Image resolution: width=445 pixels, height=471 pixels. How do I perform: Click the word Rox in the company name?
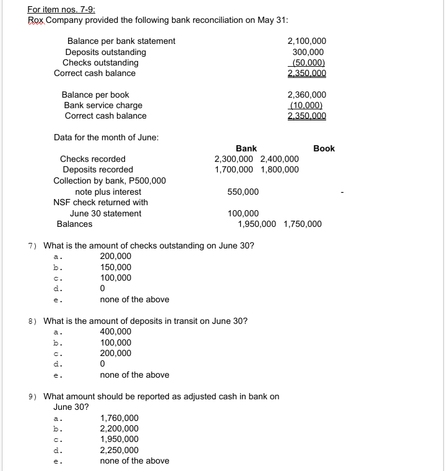(36, 20)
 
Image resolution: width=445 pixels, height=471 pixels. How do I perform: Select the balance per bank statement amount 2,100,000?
(307, 41)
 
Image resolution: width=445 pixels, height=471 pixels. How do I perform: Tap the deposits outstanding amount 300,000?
(308, 52)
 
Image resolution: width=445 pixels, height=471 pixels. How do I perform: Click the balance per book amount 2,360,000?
(307, 95)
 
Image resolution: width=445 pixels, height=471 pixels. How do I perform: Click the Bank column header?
(246, 148)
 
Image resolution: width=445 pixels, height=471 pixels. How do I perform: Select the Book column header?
(324, 148)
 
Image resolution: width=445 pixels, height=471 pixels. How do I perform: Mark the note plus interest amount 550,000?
(243, 192)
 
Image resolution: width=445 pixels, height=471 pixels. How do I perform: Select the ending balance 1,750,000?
(303, 224)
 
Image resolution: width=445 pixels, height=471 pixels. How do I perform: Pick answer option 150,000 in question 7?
(116, 267)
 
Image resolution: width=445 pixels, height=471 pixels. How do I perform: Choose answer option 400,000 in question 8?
(116, 332)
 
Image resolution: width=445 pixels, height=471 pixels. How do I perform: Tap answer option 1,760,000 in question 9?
(119, 418)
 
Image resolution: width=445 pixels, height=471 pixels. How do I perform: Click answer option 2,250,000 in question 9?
(119, 450)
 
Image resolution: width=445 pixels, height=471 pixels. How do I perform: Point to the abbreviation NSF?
(63, 203)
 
